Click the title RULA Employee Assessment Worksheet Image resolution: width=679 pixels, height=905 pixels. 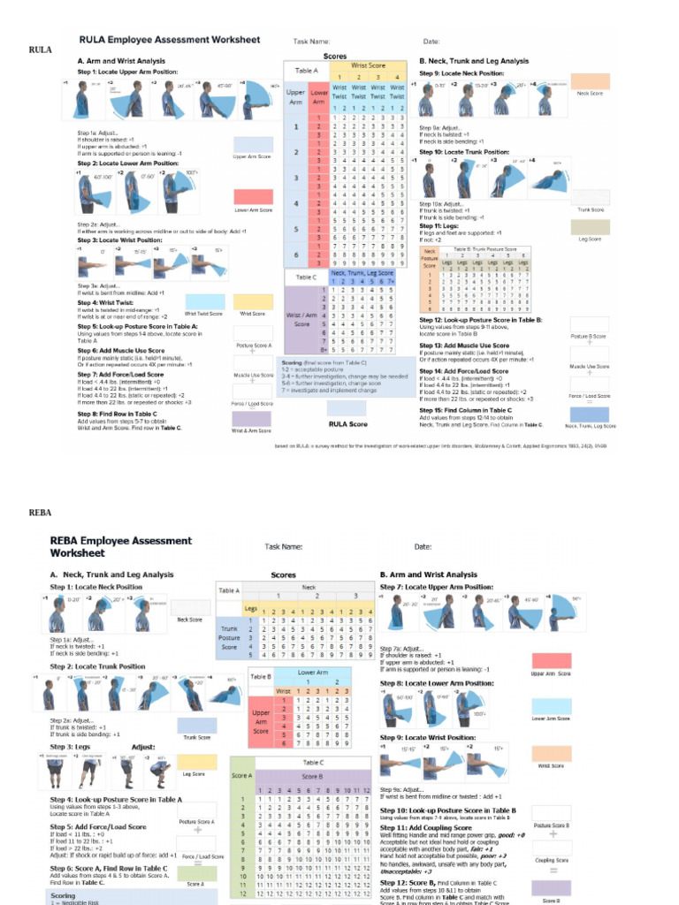(x=170, y=40)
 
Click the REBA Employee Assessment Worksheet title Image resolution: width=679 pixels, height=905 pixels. (x=120, y=546)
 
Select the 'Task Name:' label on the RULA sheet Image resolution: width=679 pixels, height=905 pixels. (x=311, y=42)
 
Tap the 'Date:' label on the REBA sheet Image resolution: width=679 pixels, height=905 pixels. (x=423, y=547)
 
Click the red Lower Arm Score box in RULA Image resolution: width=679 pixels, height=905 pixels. (x=253, y=196)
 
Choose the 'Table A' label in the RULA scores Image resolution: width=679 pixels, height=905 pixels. (x=307, y=71)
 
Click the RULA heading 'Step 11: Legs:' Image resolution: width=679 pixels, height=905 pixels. (x=439, y=225)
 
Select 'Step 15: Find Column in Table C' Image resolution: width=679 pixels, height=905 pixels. (x=465, y=410)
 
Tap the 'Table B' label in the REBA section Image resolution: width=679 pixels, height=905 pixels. (x=235, y=676)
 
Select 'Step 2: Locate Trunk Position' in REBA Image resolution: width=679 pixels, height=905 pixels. (x=97, y=666)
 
